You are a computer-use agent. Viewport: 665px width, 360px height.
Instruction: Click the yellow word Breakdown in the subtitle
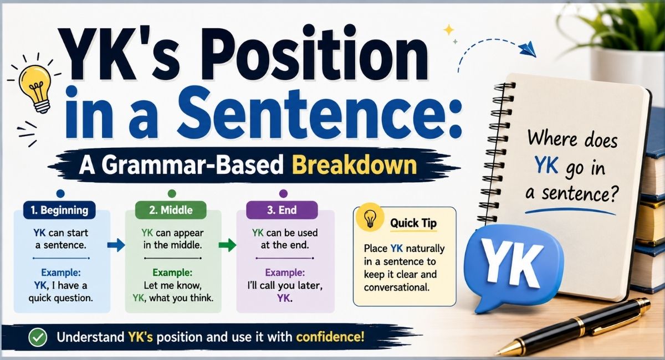point(355,166)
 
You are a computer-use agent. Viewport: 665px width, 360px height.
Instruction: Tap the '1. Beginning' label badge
point(59,210)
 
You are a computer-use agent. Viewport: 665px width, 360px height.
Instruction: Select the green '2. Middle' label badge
point(171,210)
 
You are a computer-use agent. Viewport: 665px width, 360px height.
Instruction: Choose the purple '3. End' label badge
point(282,210)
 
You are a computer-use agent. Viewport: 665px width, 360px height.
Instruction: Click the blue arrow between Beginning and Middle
point(116,245)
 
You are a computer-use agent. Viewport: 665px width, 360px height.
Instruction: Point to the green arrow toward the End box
point(227,245)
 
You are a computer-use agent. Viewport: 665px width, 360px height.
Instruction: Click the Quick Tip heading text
point(413,223)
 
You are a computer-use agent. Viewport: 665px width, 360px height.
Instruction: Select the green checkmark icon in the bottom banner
point(38,337)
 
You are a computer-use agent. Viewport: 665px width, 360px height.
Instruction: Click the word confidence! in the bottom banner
point(330,337)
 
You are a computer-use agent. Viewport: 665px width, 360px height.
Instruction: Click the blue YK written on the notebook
point(546,165)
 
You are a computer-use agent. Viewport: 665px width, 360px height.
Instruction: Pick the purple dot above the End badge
point(284,194)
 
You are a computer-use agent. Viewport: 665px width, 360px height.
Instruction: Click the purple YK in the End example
point(284,298)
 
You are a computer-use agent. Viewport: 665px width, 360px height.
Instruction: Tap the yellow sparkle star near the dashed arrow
point(448,30)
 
